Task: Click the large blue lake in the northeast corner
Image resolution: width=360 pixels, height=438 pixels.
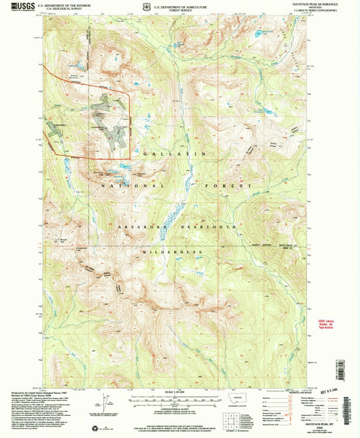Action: [259, 32]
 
